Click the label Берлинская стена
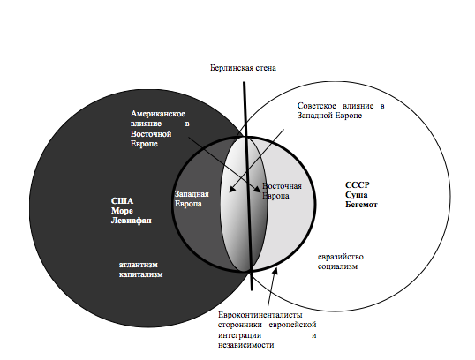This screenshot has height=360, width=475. pos(244,68)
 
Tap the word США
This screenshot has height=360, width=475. pos(122,201)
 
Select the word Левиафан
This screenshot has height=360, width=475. pos(132,221)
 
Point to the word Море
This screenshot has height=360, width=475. pos(122,211)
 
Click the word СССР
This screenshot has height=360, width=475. pos(358,185)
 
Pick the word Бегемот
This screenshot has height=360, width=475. pos(361,205)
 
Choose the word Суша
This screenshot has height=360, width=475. pos(357,195)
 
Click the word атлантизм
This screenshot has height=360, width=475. pos(139,265)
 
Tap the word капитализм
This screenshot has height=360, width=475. pos(141,274)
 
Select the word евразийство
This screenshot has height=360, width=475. pos(341,257)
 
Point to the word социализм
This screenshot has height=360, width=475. pos(337,266)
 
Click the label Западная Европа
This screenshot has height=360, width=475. pos(192,199)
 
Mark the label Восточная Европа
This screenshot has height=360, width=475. pos(282,191)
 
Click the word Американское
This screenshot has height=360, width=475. pos(158,114)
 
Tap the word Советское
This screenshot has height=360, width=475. pos(317,106)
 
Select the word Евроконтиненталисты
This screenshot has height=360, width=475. pos(260,315)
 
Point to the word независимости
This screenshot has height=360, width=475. pos(246,345)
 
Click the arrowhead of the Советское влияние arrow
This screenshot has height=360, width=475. pos(231,189)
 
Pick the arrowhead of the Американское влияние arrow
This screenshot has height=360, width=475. pos(257,189)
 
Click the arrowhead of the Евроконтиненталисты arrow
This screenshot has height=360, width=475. pos(275,271)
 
